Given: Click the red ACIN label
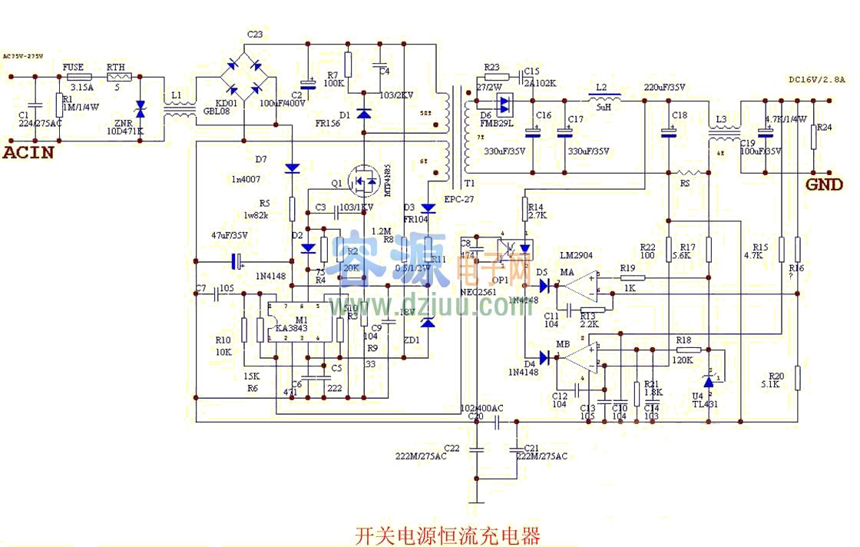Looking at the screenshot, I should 28,152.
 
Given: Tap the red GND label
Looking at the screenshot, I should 824,184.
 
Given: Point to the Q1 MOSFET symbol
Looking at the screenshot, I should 363,182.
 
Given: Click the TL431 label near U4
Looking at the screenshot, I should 705,404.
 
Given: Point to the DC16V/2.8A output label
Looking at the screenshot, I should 816,79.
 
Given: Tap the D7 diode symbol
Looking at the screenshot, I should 293,167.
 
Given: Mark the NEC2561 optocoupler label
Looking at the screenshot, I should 479,292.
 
